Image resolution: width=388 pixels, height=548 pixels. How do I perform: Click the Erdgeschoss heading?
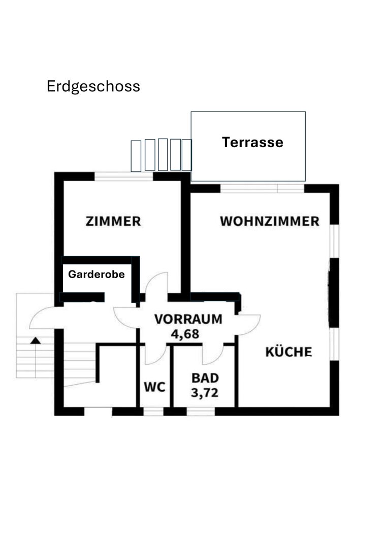click(x=93, y=86)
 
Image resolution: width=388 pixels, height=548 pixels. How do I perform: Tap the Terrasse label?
click(x=252, y=143)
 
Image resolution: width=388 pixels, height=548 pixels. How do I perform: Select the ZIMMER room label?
click(x=113, y=222)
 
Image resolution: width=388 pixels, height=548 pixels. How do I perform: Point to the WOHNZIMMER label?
click(x=270, y=221)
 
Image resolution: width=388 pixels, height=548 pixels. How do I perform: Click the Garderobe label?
click(x=96, y=275)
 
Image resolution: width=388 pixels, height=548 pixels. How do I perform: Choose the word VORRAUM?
click(x=188, y=319)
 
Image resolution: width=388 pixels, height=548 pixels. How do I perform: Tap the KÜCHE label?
click(x=288, y=352)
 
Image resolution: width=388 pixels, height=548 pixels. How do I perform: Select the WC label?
click(x=155, y=387)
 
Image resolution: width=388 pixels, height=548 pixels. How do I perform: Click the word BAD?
click(x=205, y=378)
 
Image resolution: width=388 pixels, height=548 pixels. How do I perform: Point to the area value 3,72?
click(x=205, y=393)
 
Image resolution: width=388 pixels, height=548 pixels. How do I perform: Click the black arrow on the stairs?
click(x=35, y=340)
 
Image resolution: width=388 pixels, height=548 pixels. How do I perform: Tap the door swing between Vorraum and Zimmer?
click(x=157, y=284)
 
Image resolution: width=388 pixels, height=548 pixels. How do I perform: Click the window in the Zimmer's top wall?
click(x=123, y=177)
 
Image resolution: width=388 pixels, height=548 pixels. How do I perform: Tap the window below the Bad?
click(x=201, y=412)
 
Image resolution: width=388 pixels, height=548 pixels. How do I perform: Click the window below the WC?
click(x=153, y=412)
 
